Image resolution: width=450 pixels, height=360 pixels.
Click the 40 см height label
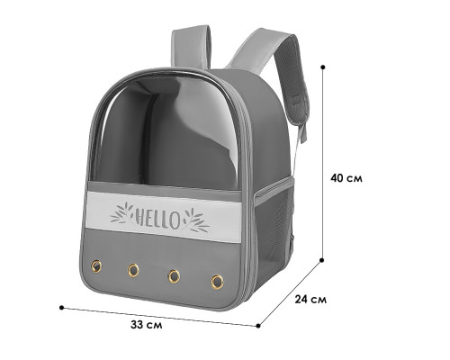[346, 178]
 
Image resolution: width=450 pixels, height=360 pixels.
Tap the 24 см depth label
[310, 300]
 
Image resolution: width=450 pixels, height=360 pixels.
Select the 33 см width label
[147, 325]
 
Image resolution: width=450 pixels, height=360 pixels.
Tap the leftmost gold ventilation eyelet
[96, 266]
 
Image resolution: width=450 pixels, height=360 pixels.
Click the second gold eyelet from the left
[133, 270]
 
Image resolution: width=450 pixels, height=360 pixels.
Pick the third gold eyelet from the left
[174, 276]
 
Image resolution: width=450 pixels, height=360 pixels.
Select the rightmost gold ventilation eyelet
[217, 282]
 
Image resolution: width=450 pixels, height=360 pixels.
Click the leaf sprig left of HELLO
[121, 213]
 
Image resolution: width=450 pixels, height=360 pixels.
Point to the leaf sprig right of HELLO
[196, 220]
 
